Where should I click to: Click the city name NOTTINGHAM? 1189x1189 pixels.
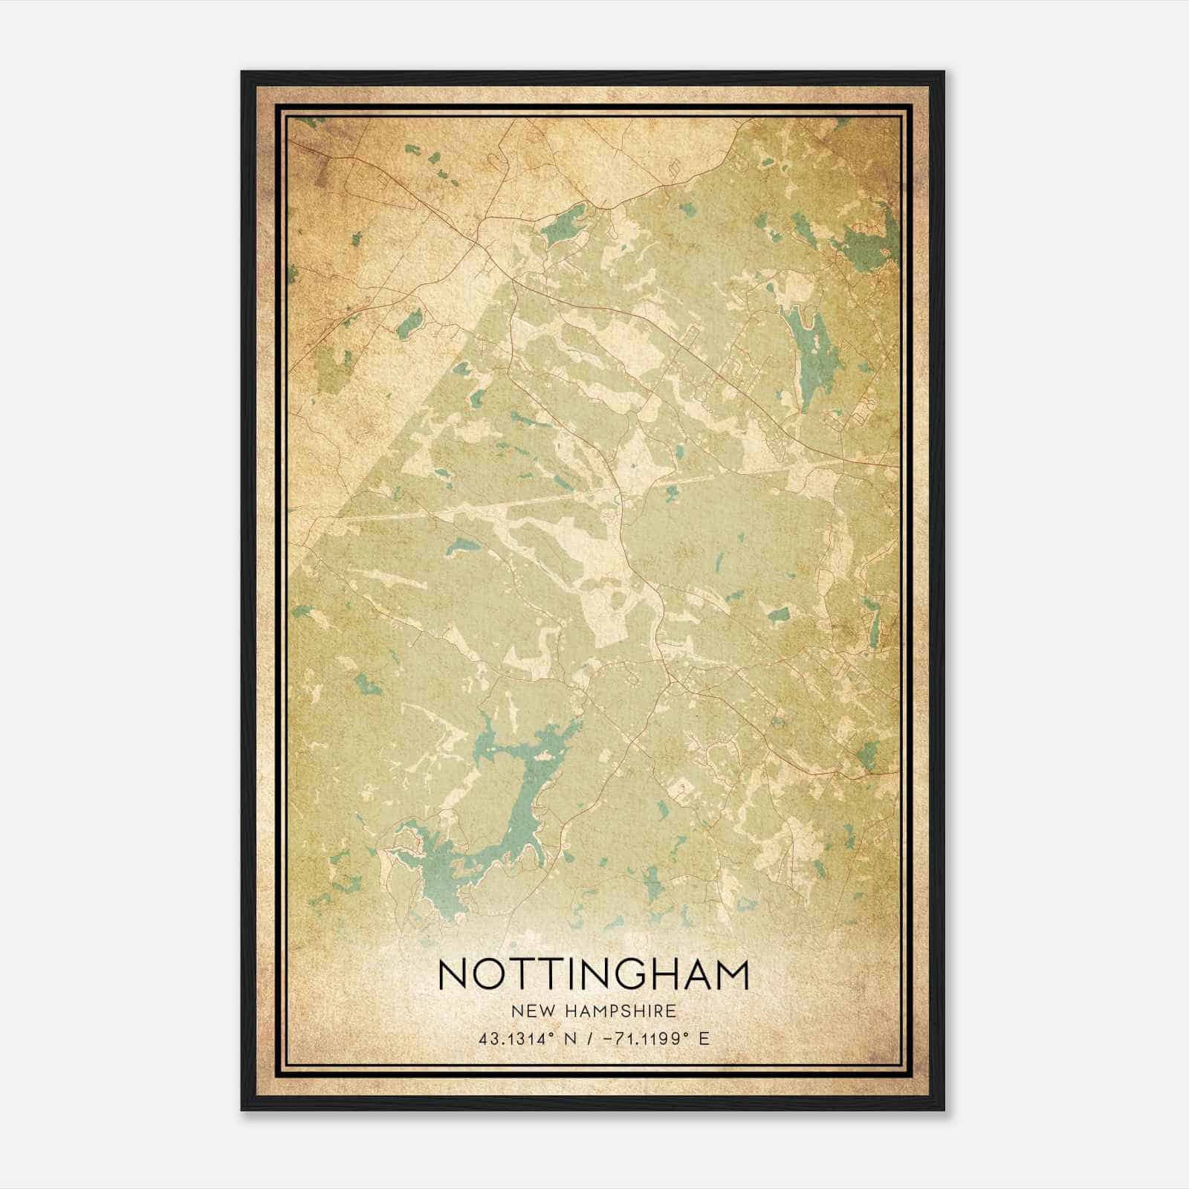(x=594, y=975)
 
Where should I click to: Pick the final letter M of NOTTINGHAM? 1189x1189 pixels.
(x=731, y=975)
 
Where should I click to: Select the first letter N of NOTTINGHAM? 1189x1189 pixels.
(x=454, y=975)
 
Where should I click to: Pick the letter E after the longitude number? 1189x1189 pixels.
(x=704, y=1037)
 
